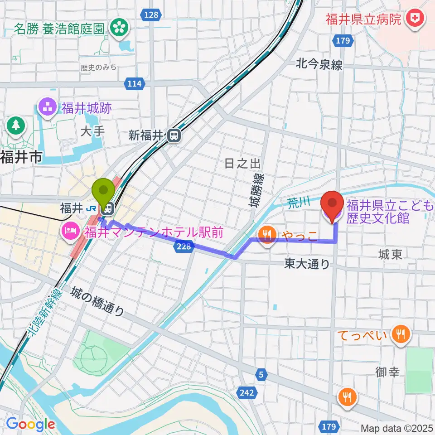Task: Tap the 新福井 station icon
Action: point(174,135)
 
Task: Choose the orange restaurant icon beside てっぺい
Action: point(399,335)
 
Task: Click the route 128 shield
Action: point(152,15)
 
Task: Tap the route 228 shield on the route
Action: point(184,246)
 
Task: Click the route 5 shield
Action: point(261,375)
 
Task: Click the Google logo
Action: point(30,424)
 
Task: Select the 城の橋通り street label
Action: point(97,302)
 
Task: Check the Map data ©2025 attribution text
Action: point(397,428)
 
